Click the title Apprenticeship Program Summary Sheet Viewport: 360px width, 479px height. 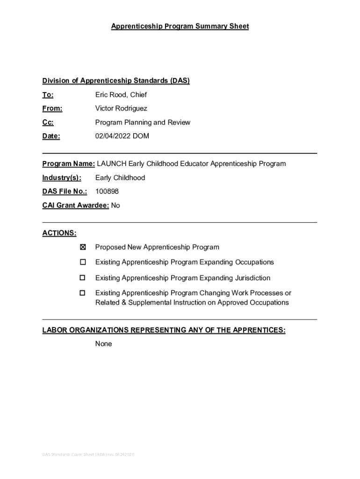tap(180, 27)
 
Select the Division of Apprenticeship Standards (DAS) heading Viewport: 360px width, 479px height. tap(116, 81)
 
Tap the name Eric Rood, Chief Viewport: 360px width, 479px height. tap(121, 95)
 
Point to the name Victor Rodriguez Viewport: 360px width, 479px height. tap(121, 109)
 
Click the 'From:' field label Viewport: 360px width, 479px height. tap(52, 109)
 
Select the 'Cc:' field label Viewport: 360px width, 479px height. tap(48, 123)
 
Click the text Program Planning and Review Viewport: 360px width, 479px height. tap(143, 123)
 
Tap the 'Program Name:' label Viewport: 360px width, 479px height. tap(69, 164)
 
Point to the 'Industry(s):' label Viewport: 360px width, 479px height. tap(62, 178)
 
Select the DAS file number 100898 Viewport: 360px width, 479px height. tap(107, 191)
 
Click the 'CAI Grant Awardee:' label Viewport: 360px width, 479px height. tap(76, 205)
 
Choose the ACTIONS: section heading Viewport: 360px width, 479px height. tap(59, 233)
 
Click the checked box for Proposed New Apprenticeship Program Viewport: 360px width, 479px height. tap(83, 247)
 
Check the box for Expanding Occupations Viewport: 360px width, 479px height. tap(83, 262)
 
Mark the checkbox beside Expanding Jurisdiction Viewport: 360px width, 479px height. tap(83, 278)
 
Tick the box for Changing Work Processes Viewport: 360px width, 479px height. tap(83, 293)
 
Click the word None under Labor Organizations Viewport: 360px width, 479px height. tap(103, 344)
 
